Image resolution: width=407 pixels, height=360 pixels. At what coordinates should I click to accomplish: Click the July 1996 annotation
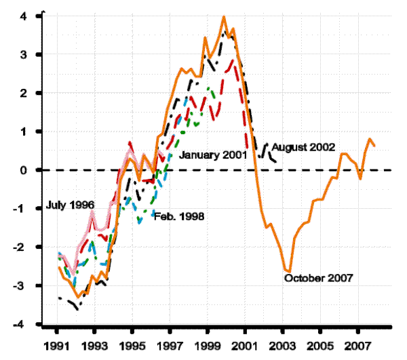69,205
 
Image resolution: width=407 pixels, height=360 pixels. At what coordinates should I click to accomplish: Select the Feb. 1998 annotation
179,216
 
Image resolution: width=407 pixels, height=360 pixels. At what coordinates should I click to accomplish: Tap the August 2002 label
304,147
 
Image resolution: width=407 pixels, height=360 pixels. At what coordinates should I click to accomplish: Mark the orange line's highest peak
224,16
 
